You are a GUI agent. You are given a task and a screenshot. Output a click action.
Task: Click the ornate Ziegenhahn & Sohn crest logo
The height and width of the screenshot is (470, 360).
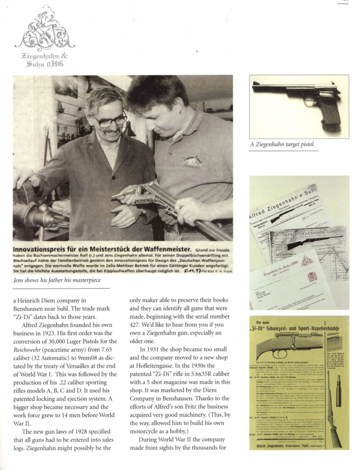pos(44,30)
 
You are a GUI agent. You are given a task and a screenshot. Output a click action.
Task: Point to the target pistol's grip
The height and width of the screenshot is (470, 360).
pos(330,111)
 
